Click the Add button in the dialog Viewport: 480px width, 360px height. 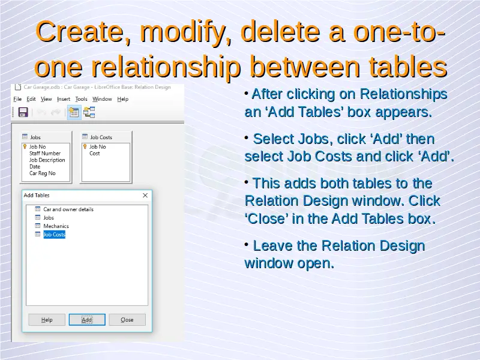(x=87, y=320)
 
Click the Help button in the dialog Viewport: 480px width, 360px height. (x=47, y=320)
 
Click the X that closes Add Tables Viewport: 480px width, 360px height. (x=145, y=196)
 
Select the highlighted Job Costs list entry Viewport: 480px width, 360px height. (x=54, y=235)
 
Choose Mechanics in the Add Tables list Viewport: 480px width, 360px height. (x=56, y=226)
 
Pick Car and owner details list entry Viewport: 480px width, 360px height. (x=68, y=209)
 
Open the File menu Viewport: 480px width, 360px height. (x=17, y=99)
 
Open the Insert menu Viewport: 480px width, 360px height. (x=64, y=99)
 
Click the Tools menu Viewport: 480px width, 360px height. (x=81, y=99)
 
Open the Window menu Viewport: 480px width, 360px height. (x=102, y=99)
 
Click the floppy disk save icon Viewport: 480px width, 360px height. (x=23, y=112)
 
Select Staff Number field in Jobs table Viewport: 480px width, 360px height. (x=44, y=154)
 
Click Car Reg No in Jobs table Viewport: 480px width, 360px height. (x=42, y=173)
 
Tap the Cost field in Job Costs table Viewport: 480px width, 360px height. (x=95, y=154)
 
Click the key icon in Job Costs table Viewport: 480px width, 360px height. (x=85, y=146)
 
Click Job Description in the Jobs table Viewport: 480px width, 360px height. (x=47, y=160)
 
